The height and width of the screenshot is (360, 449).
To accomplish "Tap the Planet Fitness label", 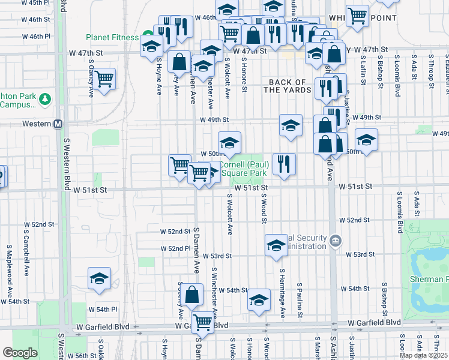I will coord(112,37).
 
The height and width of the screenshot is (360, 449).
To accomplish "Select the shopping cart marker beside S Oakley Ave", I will coord(104,79).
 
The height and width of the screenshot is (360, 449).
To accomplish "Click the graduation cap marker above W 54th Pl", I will coord(99,278).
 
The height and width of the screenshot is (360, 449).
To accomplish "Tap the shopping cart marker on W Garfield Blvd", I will coord(203,323).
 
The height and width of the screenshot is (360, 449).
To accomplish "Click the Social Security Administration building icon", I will coord(335,241).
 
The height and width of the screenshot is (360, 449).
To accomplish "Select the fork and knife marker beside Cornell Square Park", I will coord(284,163).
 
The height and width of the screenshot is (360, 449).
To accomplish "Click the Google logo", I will coord(19,353).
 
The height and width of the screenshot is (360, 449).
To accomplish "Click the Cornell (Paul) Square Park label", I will coord(243,169).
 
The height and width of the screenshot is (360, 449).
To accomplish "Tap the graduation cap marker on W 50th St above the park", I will coord(229,143).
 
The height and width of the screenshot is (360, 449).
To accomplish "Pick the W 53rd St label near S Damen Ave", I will coord(217,256).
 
